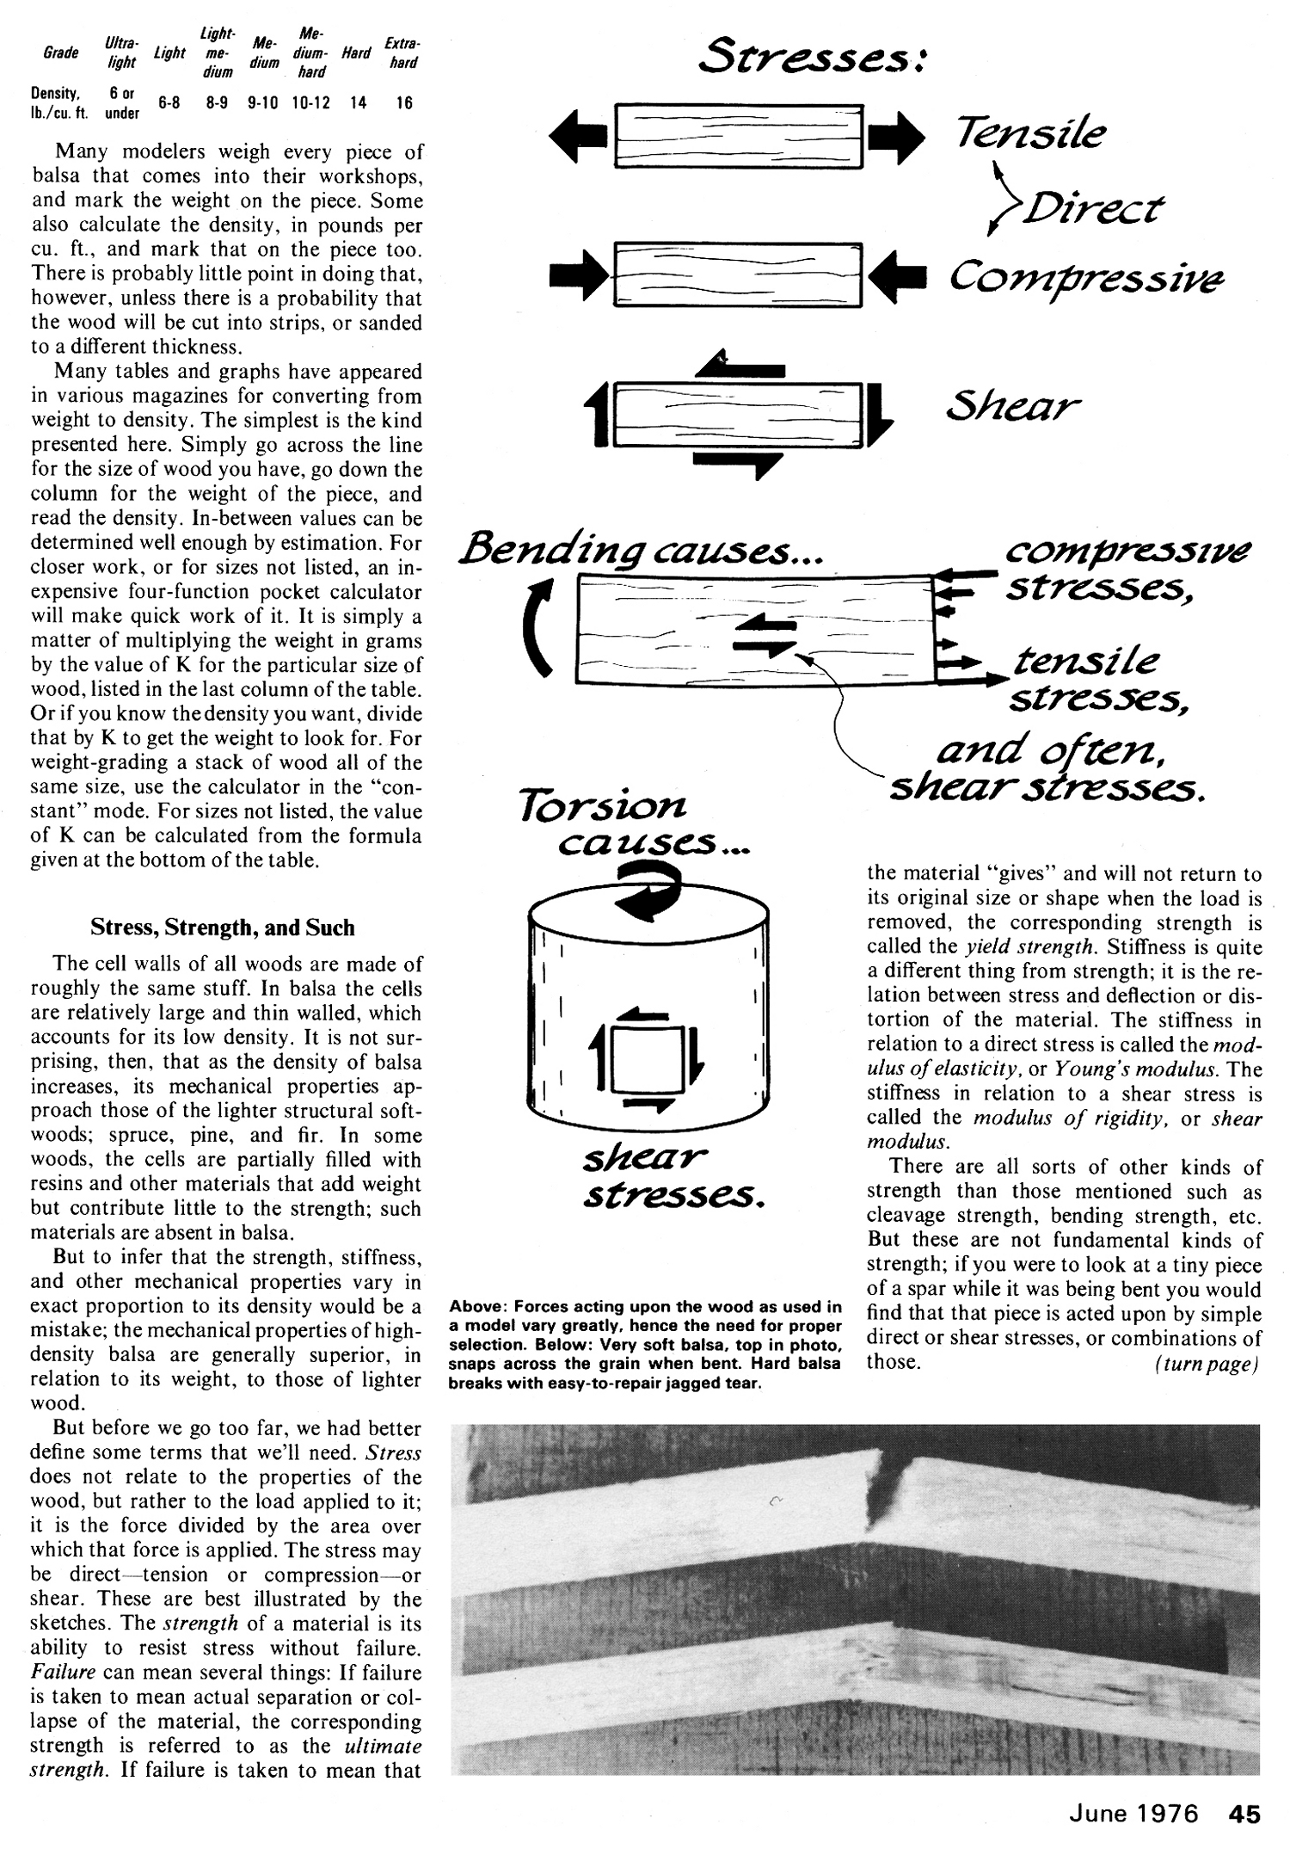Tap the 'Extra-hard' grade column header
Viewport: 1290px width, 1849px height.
402,53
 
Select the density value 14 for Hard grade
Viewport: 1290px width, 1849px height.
358,102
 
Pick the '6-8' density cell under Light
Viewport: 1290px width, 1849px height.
169,102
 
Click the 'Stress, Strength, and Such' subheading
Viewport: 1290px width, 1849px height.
223,928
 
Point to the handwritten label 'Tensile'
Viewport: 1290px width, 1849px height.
1029,133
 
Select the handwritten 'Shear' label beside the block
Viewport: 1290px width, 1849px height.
1012,404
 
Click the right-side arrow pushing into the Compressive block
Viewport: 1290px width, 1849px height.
896,276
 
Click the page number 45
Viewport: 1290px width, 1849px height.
1244,1814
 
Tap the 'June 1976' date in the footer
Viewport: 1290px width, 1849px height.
1133,1814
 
